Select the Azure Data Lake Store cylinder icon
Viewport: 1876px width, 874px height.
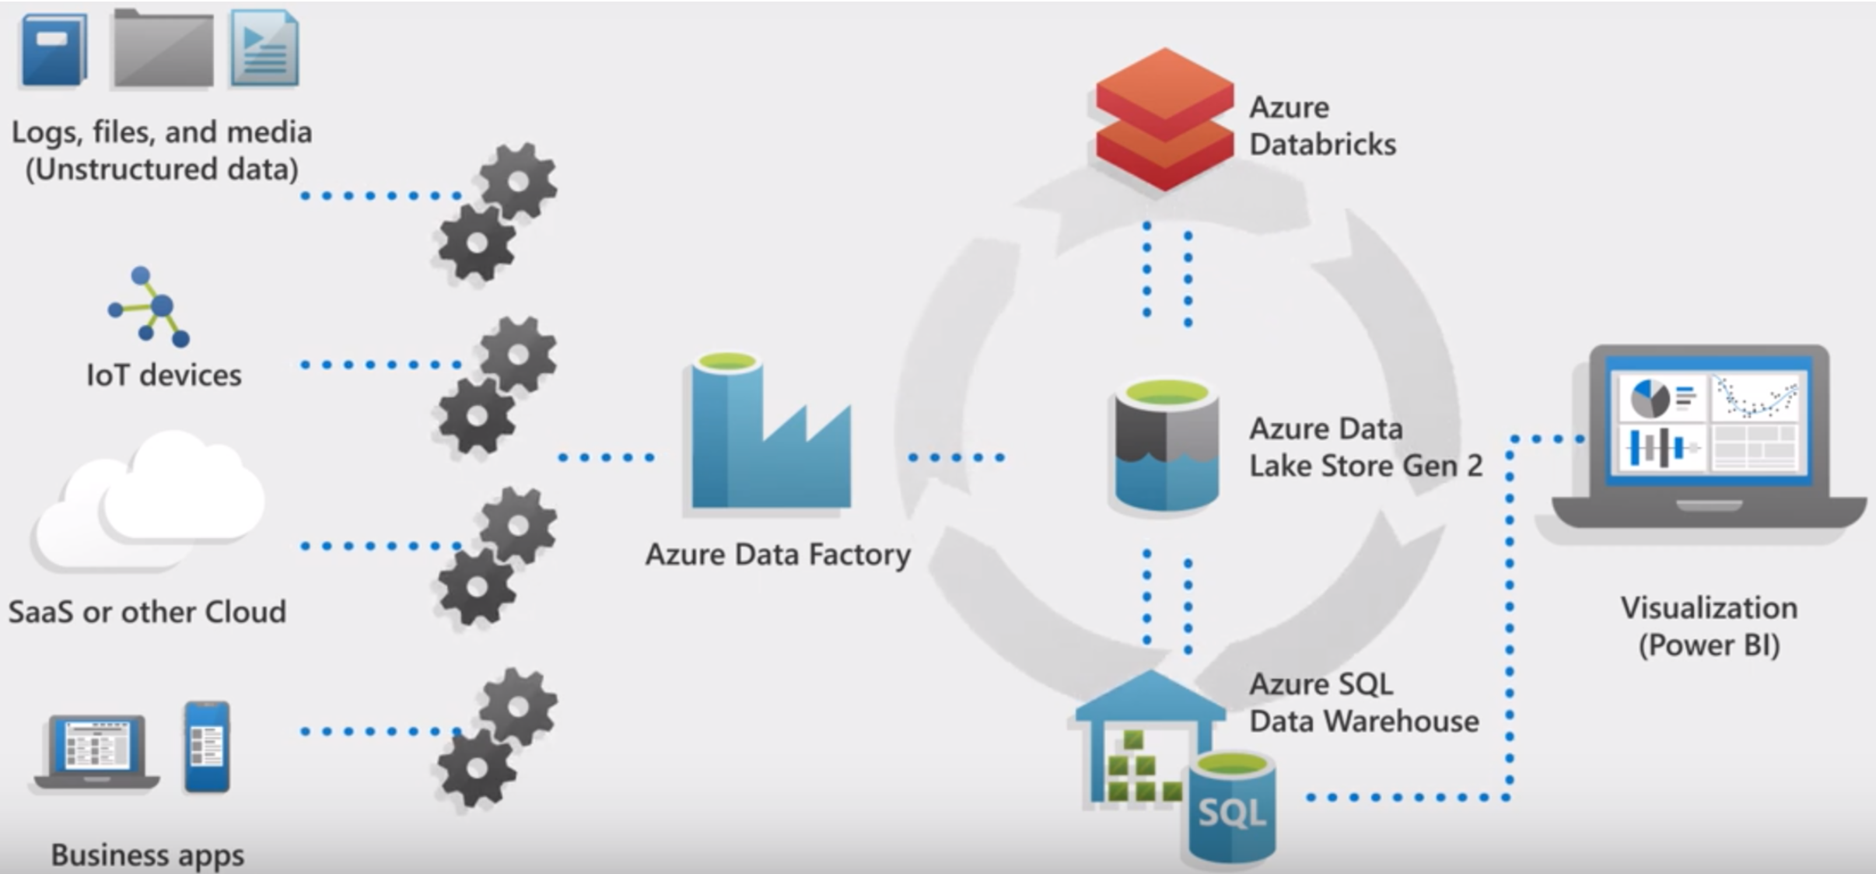tap(1165, 446)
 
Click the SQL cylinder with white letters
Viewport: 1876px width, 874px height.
tap(1231, 809)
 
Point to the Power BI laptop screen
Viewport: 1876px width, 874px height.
tap(1710, 424)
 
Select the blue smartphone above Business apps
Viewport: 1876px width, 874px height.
tap(207, 746)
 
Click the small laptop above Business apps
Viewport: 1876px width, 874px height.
tap(96, 750)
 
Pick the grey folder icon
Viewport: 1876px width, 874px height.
tap(163, 49)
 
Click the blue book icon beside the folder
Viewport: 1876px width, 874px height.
tap(53, 49)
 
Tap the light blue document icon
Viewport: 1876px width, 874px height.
tap(264, 49)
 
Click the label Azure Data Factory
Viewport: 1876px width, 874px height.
tap(778, 554)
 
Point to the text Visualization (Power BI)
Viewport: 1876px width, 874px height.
tap(1709, 626)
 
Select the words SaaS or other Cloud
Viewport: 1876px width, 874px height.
tap(147, 612)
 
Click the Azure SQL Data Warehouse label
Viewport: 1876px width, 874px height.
tap(1363, 703)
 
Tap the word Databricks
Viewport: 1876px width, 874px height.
tap(1322, 145)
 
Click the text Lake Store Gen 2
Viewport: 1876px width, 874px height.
tap(1365, 466)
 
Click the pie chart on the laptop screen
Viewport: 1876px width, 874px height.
tap(1649, 398)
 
